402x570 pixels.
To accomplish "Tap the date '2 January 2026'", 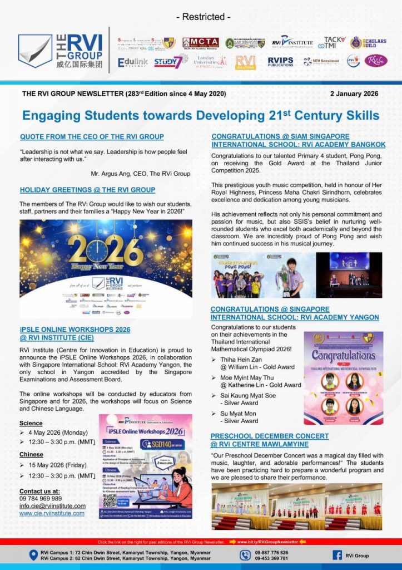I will (354, 94).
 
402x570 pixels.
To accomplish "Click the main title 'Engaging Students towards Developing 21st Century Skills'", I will (201, 115).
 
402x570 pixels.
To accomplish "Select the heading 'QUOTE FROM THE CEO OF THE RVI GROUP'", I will (92, 136).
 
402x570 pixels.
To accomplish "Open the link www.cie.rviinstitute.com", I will (52, 513).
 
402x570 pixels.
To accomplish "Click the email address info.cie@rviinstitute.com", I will (52, 505).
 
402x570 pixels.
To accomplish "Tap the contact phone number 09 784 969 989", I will (41, 498).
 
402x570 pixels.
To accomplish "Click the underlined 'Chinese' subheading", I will (32, 454).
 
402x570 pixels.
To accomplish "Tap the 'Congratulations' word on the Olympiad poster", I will (343, 355).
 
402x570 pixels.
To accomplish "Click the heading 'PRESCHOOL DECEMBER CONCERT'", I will (269, 436).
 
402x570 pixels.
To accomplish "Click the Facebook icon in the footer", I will (337, 555).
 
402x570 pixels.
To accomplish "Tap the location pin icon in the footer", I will (32, 555).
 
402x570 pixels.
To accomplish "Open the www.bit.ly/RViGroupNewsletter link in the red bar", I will (272, 541).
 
